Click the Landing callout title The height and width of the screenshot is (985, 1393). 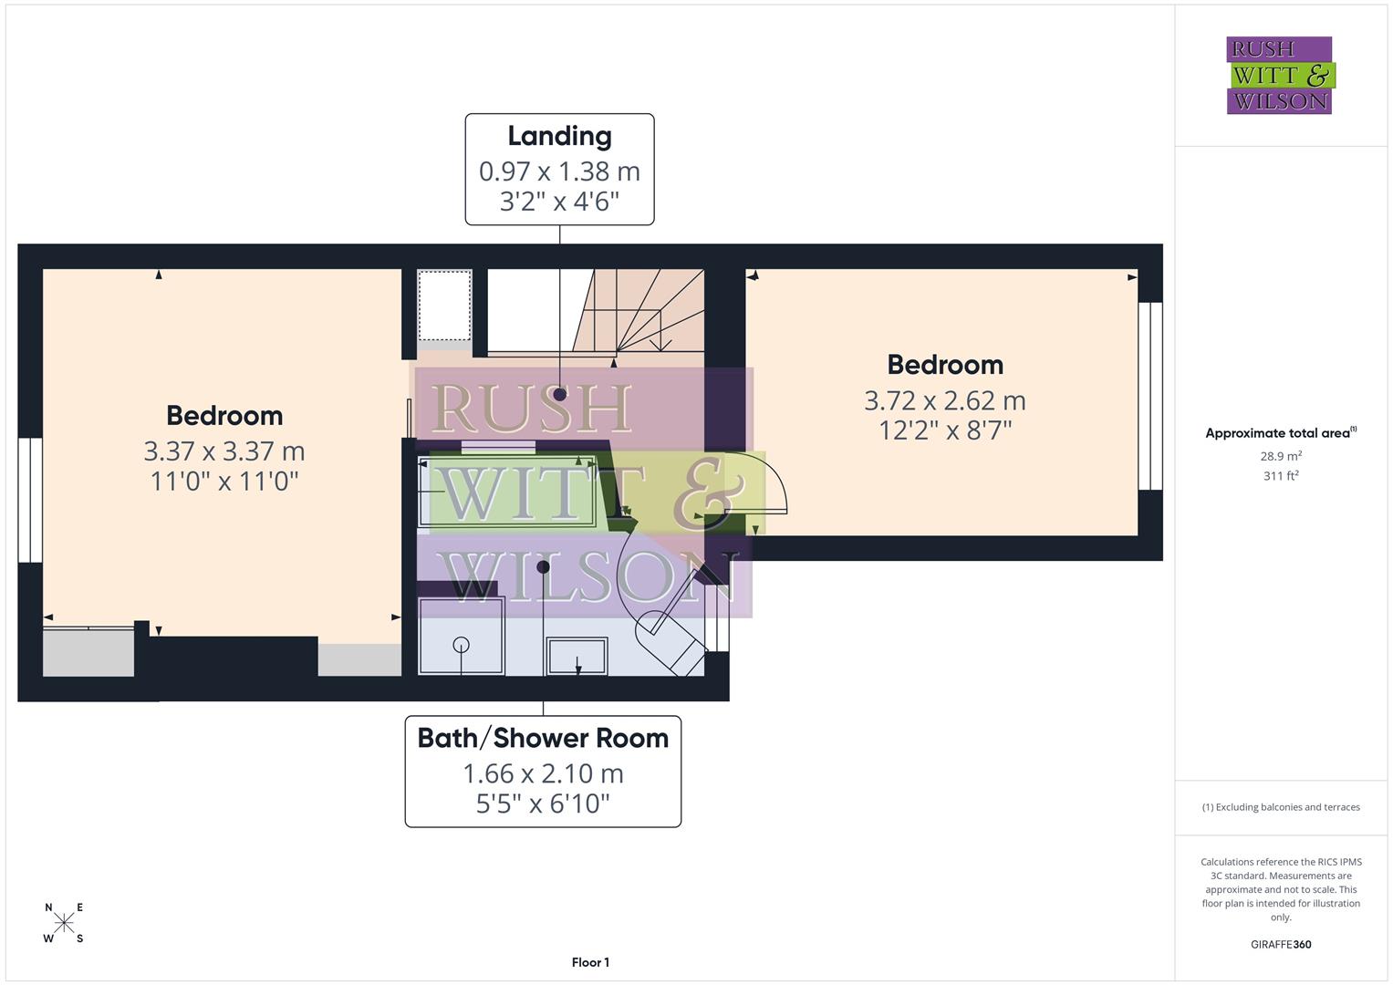click(x=559, y=136)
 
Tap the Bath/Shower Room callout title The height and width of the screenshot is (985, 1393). click(x=543, y=738)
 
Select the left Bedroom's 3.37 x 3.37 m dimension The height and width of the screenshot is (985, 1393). click(x=224, y=451)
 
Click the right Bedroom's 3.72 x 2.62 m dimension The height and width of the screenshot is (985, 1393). click(x=945, y=400)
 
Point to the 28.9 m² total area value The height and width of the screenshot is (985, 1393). click(x=1281, y=456)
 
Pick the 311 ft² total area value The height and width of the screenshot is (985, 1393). click(x=1281, y=476)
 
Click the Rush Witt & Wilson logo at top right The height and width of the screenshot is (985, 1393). click(x=1280, y=75)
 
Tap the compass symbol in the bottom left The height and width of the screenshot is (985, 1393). click(x=64, y=923)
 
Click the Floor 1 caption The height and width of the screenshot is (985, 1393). click(x=590, y=962)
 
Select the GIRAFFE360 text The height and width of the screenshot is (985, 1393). click(x=1281, y=945)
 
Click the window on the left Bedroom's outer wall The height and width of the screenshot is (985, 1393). click(x=30, y=500)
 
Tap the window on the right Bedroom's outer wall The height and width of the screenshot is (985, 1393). click(x=1150, y=396)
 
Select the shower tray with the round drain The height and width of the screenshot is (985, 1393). click(x=462, y=636)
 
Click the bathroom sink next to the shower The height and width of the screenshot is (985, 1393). click(x=577, y=656)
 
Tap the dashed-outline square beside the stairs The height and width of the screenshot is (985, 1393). click(x=444, y=305)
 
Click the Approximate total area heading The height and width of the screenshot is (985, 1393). click(x=1281, y=433)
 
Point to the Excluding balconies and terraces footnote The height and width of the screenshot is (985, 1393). click(x=1281, y=807)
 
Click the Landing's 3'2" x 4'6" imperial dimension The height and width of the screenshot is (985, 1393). click(x=559, y=202)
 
